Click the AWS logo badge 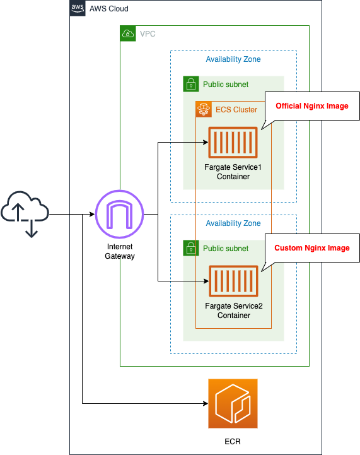click(x=78, y=8)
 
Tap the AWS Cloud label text click(x=110, y=9)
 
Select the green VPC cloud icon click(x=128, y=33)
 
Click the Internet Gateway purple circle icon click(x=120, y=215)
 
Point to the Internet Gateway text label click(x=120, y=251)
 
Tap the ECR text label click(x=233, y=441)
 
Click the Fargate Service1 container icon click(x=233, y=143)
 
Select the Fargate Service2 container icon click(x=233, y=281)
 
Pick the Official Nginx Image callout click(x=311, y=106)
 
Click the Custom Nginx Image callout click(x=311, y=248)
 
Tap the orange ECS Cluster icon click(x=204, y=109)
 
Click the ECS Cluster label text click(x=236, y=110)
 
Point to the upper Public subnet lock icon click(x=191, y=84)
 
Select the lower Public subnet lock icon click(x=191, y=248)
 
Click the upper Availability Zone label click(x=233, y=59)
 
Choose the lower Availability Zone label click(x=233, y=223)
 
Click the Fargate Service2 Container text click(x=234, y=310)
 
